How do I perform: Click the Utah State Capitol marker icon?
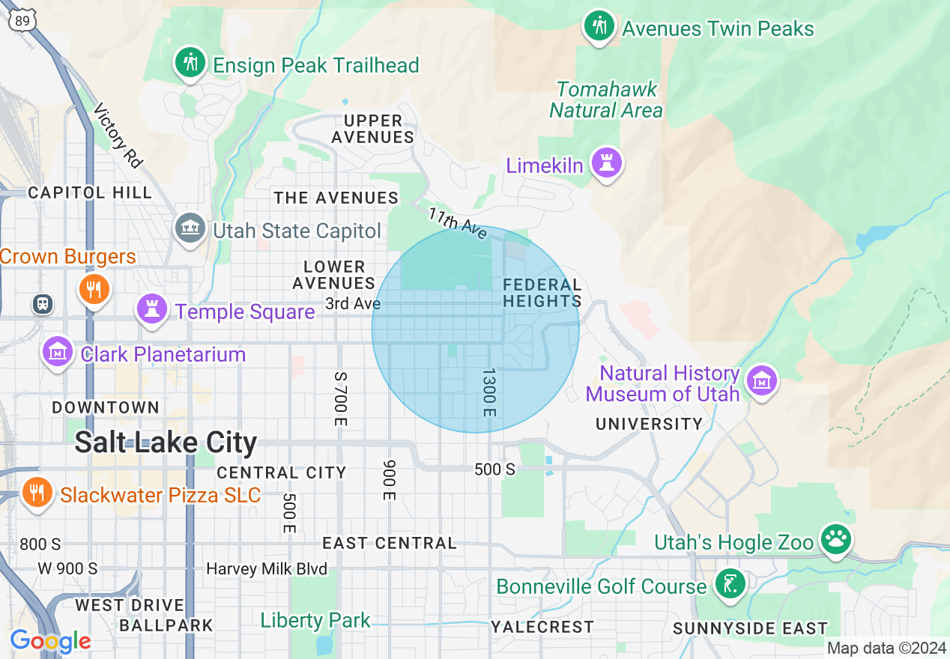point(190,228)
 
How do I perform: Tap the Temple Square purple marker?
point(152,309)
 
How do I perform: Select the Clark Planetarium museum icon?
point(58,353)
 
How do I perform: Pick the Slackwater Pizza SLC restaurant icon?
point(35,494)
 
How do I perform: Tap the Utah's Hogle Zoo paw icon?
point(836,539)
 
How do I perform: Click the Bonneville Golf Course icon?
point(729,584)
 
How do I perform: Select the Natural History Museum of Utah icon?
point(762,381)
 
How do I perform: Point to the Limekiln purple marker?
point(606,163)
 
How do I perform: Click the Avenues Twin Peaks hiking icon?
point(599,26)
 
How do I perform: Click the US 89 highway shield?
point(22,20)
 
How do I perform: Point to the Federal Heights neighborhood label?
point(542,293)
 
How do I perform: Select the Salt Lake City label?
point(166,443)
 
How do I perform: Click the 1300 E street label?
point(488,392)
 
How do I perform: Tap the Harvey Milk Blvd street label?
point(267,569)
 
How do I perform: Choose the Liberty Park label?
point(315,620)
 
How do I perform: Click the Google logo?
point(50,641)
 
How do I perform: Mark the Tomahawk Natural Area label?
point(606,100)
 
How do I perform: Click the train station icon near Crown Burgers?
point(43,303)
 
